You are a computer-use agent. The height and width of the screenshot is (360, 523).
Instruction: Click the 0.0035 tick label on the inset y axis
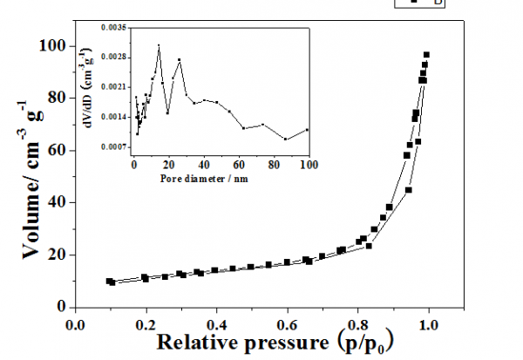click(112, 28)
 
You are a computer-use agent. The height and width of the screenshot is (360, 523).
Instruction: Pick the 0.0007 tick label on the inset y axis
click(112, 146)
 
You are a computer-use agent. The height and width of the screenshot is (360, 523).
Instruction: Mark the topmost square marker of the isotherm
click(426, 55)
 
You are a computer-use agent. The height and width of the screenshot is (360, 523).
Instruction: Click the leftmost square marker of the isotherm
click(109, 281)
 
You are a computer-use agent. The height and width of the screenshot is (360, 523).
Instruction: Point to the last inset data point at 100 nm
click(309, 129)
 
